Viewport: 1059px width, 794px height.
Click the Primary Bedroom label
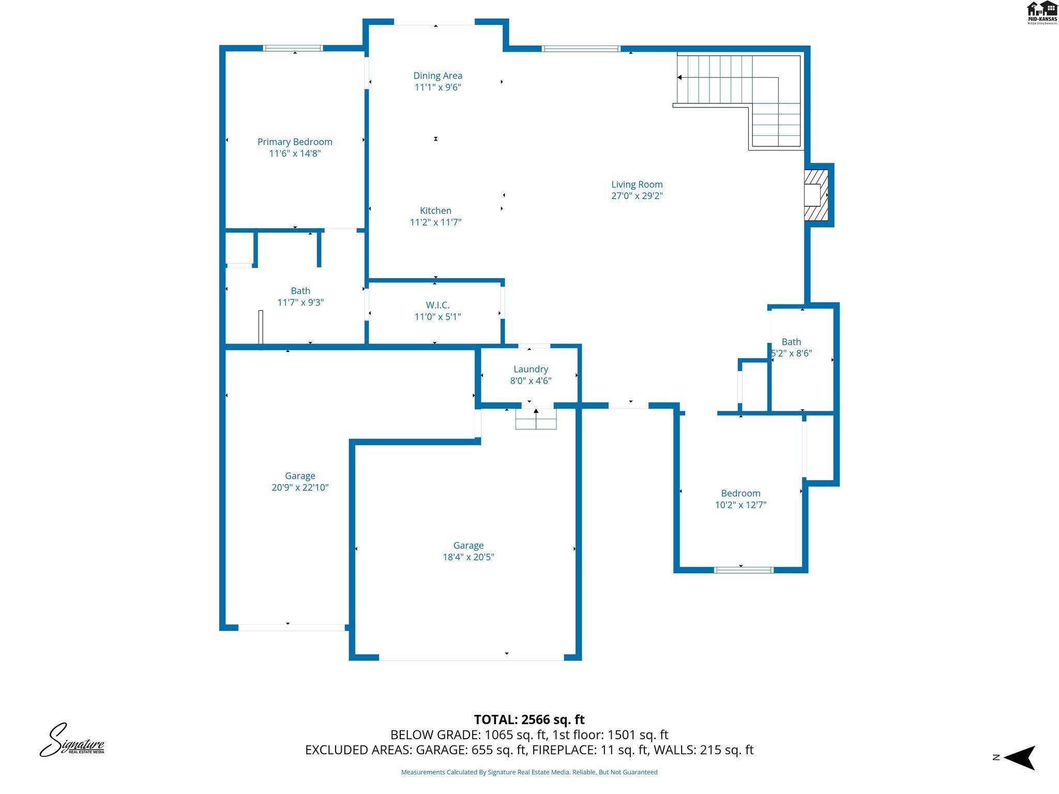(295, 142)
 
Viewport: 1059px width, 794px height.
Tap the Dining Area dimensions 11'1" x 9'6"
(437, 87)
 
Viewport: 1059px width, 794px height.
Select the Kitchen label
(435, 210)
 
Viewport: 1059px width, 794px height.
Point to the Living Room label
(637, 185)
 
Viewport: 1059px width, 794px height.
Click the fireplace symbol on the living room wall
(816, 195)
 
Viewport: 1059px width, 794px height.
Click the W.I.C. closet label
(437, 305)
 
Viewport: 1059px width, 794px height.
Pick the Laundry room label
(531, 369)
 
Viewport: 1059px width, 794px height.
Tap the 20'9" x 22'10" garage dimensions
(300, 487)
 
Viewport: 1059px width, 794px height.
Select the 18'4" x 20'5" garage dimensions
(468, 557)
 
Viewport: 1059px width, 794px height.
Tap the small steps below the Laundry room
(536, 419)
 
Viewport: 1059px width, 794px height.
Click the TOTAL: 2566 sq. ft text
(529, 720)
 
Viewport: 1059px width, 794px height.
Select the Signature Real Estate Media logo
(72, 740)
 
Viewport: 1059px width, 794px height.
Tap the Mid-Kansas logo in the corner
(1041, 12)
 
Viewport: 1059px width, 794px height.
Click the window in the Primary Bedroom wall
(293, 48)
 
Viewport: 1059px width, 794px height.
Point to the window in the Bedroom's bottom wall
(743, 570)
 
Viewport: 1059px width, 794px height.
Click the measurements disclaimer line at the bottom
(529, 772)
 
